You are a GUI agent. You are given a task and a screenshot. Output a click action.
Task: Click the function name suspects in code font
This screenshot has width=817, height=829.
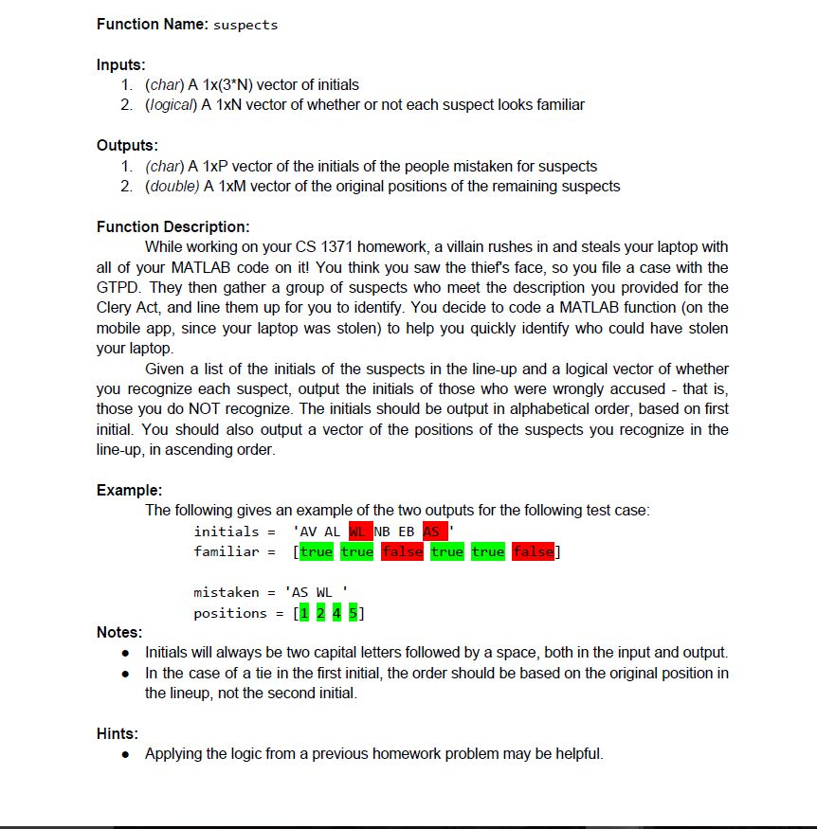245,26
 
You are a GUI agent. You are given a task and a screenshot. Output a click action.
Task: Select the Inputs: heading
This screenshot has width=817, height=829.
120,64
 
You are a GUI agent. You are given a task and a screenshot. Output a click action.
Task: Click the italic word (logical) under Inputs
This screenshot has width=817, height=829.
172,104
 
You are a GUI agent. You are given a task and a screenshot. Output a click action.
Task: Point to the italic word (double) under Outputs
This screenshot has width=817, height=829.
172,186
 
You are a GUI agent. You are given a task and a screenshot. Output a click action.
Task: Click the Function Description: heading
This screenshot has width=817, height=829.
173,226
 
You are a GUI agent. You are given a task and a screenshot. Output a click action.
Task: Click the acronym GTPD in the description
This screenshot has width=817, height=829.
119,287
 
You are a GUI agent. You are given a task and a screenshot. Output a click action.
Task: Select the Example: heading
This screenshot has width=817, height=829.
129,490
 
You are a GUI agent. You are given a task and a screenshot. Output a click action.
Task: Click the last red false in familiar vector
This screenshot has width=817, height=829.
534,551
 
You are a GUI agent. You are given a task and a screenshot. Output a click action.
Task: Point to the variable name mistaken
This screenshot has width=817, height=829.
226,592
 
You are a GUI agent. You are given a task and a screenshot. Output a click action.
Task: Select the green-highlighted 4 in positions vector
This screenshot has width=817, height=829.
337,613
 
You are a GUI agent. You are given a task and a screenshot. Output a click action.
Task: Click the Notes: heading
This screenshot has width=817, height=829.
119,632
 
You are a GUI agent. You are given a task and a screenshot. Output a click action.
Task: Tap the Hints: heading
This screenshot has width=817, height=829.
118,733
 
